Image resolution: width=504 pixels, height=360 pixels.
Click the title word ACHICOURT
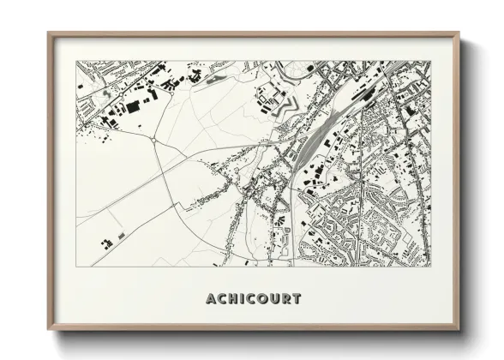coord(254,299)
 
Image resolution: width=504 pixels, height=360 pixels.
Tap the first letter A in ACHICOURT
coord(211,299)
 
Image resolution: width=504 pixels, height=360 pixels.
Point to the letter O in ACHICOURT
coord(263,299)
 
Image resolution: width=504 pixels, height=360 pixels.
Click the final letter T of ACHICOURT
coord(297,299)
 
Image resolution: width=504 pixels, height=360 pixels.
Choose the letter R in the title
coord(285,299)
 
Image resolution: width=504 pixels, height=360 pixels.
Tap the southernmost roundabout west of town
coord(153,138)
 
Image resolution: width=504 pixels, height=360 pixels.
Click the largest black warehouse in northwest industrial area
coord(133,105)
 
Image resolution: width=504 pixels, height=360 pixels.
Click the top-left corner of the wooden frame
coord(49,33)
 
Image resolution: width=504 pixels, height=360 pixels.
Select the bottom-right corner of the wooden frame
coord(459,330)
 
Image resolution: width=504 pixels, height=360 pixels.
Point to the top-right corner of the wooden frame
coord(459,33)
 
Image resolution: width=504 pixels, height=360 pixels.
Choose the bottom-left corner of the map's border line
coord(76,266)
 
